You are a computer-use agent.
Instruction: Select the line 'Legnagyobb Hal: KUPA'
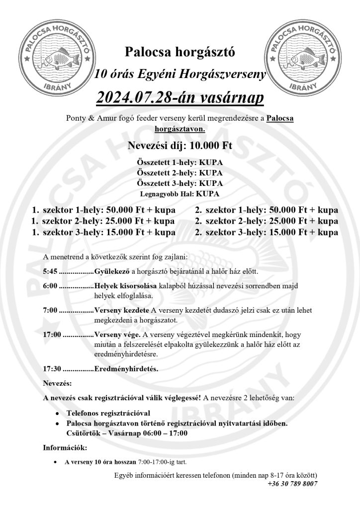[x=180, y=194]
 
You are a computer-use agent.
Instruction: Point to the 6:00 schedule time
[x=50, y=286]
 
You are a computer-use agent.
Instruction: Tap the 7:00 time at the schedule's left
[x=50, y=310]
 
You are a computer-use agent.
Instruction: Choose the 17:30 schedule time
[x=52, y=369]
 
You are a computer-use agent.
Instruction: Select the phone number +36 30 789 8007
[x=292, y=483]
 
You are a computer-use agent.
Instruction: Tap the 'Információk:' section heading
[x=65, y=448]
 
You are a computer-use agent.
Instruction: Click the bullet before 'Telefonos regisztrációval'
[x=59, y=414]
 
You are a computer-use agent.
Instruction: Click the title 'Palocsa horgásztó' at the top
[x=180, y=51]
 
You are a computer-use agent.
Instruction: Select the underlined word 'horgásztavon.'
[x=180, y=128]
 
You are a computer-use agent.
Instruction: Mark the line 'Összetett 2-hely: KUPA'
[x=180, y=173]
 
